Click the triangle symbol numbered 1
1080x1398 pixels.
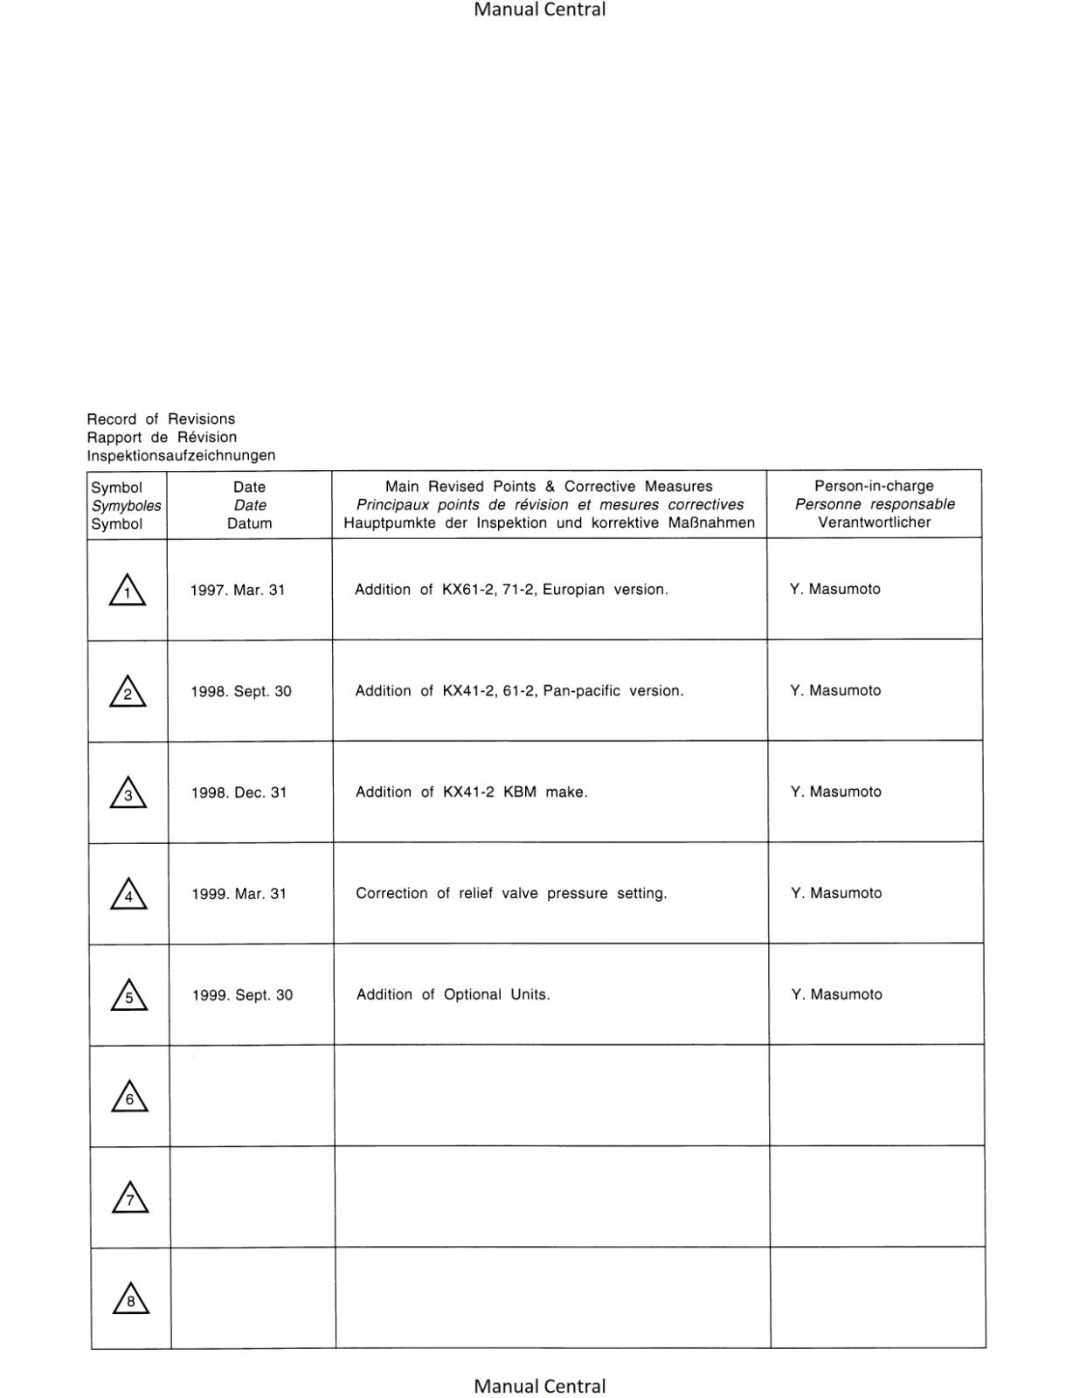coord(128,592)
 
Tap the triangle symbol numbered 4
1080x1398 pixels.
coord(128,896)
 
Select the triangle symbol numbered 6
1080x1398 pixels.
coord(129,1098)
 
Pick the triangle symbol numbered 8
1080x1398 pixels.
coord(131,1300)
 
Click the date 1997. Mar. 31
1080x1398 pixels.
coord(238,590)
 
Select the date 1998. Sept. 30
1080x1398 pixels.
coord(241,691)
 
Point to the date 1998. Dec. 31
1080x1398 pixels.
coord(239,792)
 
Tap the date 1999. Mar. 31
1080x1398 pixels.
coord(239,894)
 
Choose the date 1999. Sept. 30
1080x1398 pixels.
coord(242,995)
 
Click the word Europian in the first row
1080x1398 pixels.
coord(573,590)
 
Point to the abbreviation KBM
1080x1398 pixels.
coord(520,792)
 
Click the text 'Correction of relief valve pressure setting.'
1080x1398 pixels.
coord(511,894)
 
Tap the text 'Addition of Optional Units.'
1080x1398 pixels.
coord(453,995)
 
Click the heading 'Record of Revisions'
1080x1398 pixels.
coord(161,419)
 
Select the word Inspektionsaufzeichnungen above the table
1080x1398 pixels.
coord(181,455)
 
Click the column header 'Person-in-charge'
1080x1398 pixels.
coord(874,486)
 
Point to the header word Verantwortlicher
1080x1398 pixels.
coord(874,523)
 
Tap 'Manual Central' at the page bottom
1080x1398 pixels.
coord(539,1386)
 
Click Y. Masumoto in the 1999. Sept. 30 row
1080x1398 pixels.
coord(836,994)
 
